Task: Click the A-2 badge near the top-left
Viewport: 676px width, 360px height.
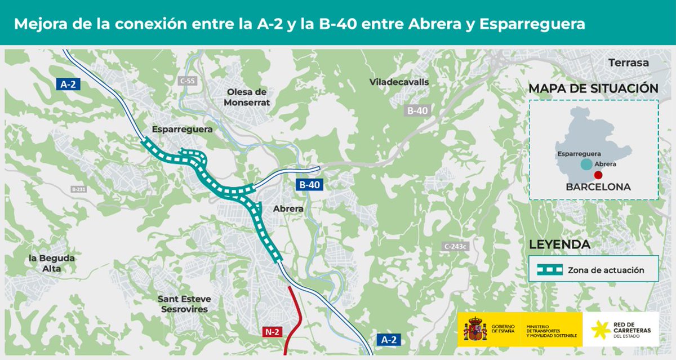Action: tap(68, 85)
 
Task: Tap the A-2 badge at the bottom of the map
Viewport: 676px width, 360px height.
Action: tap(389, 340)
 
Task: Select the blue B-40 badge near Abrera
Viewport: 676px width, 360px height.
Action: tap(310, 184)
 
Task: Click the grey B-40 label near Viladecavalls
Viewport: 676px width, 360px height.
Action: tap(417, 111)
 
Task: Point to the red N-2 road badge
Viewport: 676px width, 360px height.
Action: tap(273, 332)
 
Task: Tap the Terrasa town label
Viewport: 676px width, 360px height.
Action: tap(629, 63)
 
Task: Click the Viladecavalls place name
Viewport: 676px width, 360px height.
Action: tap(399, 82)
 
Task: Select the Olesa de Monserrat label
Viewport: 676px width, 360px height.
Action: tap(247, 97)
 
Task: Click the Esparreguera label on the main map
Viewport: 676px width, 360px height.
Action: tap(182, 129)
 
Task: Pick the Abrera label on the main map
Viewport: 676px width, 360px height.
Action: tap(288, 208)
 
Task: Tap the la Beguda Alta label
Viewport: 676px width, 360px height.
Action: tap(52, 263)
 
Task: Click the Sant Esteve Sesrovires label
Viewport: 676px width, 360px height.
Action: tap(183, 304)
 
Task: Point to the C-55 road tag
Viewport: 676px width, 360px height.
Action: tap(188, 81)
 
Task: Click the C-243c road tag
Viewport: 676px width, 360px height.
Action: tap(456, 247)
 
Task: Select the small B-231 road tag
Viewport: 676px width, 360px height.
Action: tap(78, 189)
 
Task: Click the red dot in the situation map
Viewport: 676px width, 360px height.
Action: tap(598, 175)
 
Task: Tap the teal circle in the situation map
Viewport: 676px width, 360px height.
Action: tap(586, 164)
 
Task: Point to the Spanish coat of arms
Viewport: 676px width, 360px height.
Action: tap(475, 330)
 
